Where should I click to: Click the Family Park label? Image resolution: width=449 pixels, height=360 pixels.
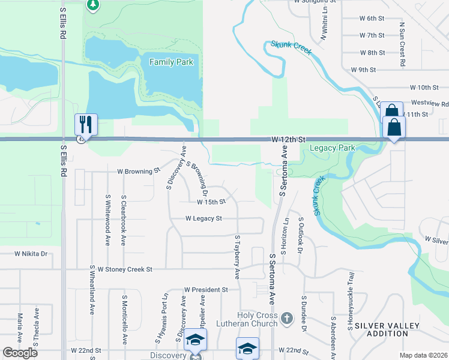[x=171, y=62]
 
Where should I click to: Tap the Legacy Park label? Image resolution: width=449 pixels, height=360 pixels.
[x=332, y=148]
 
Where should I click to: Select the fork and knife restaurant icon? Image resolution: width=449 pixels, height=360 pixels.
[x=86, y=124]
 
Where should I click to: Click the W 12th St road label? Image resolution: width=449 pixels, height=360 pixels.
[x=285, y=139]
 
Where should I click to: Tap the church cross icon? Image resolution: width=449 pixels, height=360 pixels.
[x=286, y=317]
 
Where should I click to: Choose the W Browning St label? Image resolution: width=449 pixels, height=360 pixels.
[x=139, y=171]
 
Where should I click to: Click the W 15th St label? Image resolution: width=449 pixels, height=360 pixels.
[x=207, y=202]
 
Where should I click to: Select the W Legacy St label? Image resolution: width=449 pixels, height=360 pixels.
[x=203, y=218]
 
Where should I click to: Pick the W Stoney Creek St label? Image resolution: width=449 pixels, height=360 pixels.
[x=125, y=269]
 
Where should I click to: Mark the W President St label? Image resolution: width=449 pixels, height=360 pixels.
[x=206, y=289]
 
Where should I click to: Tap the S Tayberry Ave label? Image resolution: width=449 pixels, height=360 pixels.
[x=238, y=257]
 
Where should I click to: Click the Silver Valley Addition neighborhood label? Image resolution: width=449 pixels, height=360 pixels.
[x=390, y=329]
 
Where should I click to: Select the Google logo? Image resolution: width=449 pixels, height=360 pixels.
[x=20, y=353]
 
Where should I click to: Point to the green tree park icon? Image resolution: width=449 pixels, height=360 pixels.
[x=92, y=5]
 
